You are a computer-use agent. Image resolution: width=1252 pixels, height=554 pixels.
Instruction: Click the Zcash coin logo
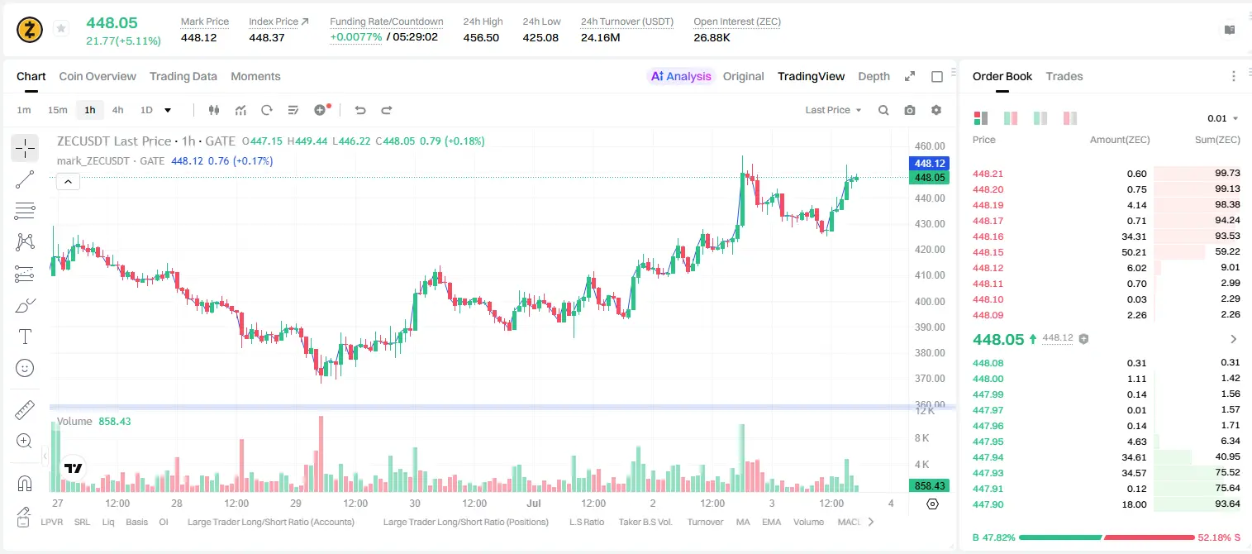click(x=30, y=30)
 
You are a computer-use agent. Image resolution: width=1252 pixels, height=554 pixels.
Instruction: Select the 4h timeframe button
click(x=117, y=110)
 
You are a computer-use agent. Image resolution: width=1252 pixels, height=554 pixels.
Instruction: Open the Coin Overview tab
click(x=98, y=76)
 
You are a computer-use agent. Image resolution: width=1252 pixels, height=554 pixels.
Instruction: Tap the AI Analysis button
click(x=681, y=76)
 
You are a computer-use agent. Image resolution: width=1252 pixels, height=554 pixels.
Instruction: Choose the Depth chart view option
click(x=874, y=76)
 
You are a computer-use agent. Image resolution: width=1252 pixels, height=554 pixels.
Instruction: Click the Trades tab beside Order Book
click(x=1064, y=76)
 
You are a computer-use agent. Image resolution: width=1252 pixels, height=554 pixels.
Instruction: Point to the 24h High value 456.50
click(x=481, y=37)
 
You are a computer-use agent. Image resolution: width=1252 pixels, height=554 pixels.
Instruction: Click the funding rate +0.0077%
click(x=356, y=37)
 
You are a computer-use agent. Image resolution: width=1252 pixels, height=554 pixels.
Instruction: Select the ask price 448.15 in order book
click(x=988, y=252)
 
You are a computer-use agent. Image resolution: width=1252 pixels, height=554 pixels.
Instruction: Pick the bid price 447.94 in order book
click(x=988, y=457)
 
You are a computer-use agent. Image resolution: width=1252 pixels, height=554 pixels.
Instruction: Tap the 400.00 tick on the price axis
click(x=930, y=301)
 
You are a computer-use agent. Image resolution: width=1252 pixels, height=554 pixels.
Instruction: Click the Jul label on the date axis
click(x=534, y=503)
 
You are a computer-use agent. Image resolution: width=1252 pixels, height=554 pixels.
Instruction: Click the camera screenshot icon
click(x=910, y=110)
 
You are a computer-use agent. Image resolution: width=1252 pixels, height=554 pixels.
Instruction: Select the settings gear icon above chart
click(x=936, y=110)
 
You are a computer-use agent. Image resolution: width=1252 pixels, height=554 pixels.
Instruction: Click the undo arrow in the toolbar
click(x=360, y=110)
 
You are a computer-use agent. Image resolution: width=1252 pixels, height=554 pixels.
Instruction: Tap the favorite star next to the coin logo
click(x=61, y=28)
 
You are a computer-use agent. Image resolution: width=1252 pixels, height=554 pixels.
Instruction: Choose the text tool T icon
click(x=25, y=337)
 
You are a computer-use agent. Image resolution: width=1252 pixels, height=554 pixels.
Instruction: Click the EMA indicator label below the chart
click(x=771, y=522)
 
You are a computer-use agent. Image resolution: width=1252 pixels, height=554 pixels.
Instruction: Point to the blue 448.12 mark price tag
click(x=929, y=163)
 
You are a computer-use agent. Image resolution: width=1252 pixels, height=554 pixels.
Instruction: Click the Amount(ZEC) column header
click(x=1120, y=140)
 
